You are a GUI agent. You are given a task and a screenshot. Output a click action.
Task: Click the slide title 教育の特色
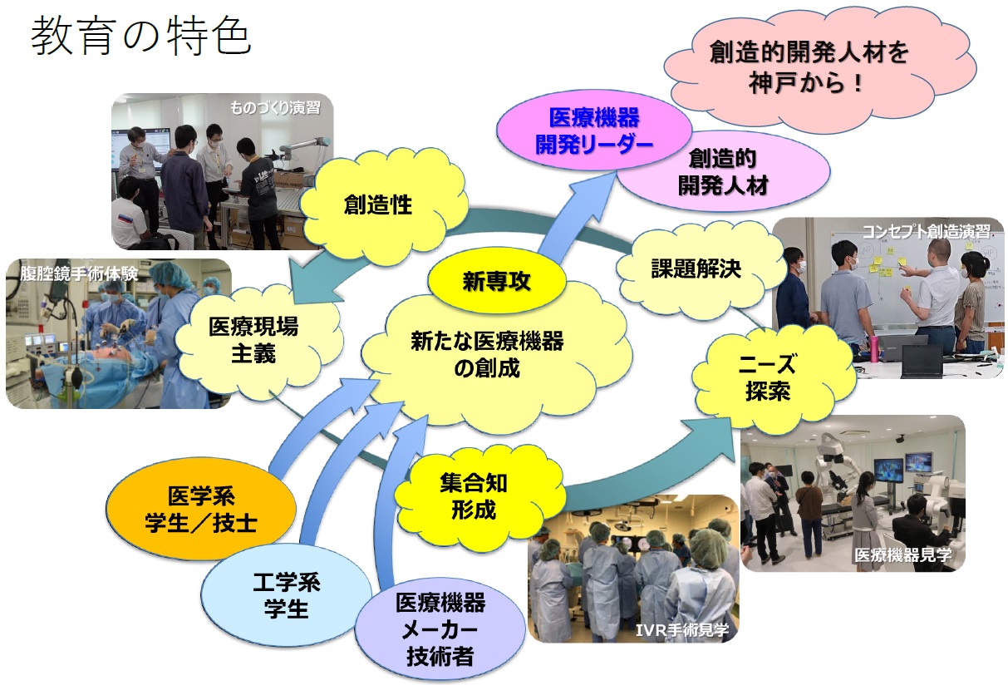point(140,36)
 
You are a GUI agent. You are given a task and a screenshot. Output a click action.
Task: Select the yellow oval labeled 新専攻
point(496,281)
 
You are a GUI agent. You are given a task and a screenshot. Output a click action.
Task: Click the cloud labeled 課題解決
point(696,269)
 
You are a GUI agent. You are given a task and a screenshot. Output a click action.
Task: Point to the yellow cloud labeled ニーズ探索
point(770,377)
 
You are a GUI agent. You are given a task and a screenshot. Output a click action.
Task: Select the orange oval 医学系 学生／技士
point(201,509)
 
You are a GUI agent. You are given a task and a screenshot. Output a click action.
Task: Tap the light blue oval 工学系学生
point(287,595)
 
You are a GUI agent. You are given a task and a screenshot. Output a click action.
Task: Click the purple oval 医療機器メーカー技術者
point(440,629)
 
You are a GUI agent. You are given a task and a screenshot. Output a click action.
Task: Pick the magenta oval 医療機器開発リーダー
point(594,131)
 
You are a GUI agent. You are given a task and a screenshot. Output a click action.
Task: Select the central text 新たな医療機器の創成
point(487,355)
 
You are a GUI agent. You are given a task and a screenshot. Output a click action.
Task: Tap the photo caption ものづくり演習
point(275,108)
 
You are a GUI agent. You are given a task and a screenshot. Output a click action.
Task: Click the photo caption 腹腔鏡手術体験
point(79,274)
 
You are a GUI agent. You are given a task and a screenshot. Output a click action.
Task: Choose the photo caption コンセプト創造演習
point(926,231)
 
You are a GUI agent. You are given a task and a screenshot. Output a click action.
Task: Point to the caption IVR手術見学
point(682,630)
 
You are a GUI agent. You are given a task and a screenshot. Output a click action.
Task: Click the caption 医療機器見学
point(903,555)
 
